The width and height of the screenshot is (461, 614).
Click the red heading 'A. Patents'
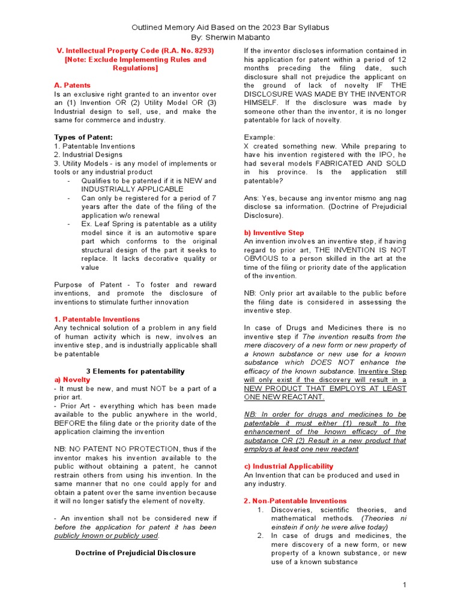(72, 86)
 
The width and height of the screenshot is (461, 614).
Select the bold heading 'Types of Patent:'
(83, 137)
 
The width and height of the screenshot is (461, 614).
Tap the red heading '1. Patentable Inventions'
(97, 319)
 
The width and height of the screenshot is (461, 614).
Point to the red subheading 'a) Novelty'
(72, 380)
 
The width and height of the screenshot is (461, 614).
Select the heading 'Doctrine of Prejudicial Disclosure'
(135, 552)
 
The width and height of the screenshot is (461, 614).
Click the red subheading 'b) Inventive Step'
(274, 233)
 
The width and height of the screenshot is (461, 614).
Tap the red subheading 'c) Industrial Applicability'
(288, 466)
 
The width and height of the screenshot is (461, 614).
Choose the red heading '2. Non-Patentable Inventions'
(295, 501)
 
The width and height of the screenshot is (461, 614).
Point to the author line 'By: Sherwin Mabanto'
(230, 37)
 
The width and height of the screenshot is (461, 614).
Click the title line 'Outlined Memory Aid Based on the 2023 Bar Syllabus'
(230, 28)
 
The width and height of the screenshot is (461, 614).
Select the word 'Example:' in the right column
(259, 137)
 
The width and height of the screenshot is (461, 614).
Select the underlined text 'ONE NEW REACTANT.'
(284, 397)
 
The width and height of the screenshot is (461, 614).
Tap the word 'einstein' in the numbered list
(286, 527)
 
